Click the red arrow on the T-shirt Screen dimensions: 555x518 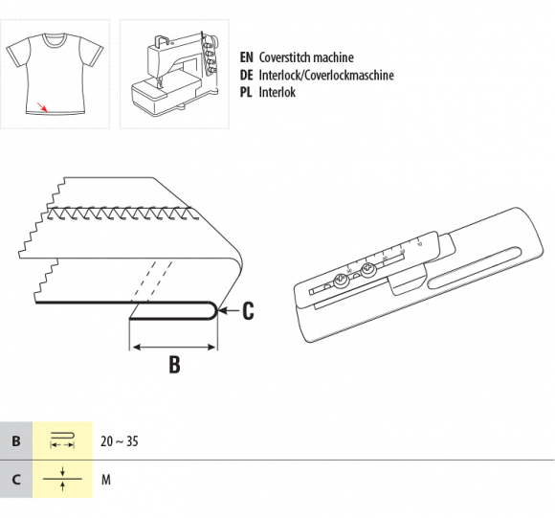click(x=42, y=106)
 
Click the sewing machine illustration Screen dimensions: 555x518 click(x=175, y=74)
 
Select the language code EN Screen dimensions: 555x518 click(x=246, y=57)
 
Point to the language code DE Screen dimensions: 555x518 click(x=246, y=75)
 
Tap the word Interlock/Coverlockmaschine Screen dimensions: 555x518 click(x=326, y=75)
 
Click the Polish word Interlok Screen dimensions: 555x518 click(x=277, y=93)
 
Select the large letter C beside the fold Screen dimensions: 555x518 click(x=248, y=311)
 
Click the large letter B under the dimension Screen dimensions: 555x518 click(x=174, y=365)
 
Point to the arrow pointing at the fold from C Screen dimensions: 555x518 click(x=229, y=311)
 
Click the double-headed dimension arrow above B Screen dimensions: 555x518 click(x=173, y=348)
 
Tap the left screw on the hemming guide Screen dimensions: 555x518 click(x=342, y=281)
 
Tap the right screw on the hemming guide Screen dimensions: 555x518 click(x=367, y=271)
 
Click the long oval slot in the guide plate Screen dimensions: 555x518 click(x=475, y=267)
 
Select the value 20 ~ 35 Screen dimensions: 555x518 click(x=120, y=441)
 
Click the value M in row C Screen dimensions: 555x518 click(x=106, y=480)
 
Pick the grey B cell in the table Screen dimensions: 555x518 click(x=16, y=440)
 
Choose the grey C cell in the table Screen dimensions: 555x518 click(x=16, y=480)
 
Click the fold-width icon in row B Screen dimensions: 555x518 click(x=62, y=440)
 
